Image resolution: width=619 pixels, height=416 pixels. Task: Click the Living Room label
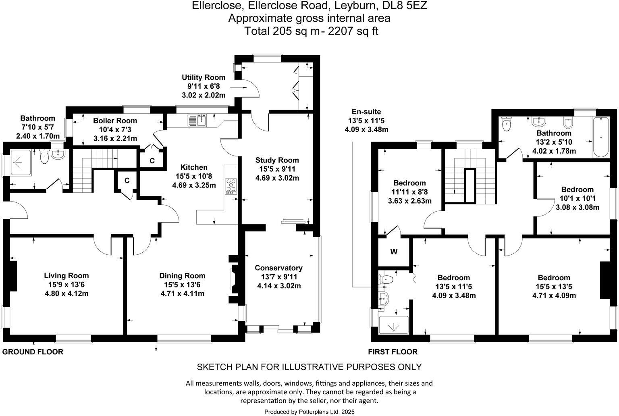click(66, 276)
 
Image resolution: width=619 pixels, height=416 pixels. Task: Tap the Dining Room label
click(182, 276)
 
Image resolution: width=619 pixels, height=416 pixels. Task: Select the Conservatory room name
click(278, 268)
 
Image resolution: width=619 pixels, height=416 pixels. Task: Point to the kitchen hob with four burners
click(231, 186)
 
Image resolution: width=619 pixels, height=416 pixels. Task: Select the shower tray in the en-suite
click(393, 324)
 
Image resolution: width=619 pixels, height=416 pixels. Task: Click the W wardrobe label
click(394, 252)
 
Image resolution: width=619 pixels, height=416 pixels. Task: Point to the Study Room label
click(277, 160)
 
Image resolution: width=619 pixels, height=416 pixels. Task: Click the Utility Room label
click(204, 77)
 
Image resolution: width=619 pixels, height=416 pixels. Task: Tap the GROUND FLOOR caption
click(33, 352)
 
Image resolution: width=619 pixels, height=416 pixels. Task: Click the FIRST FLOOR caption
click(393, 352)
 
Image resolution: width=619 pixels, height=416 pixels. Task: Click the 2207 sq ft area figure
click(353, 31)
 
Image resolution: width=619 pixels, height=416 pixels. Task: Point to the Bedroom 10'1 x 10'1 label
click(577, 189)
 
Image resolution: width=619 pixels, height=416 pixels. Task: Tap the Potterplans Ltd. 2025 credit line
click(309, 412)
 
